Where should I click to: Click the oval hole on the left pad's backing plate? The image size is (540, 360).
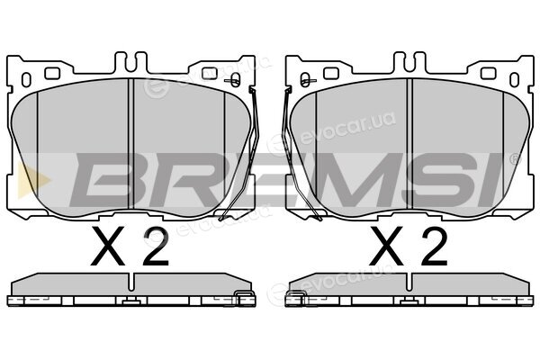click(x=26, y=79)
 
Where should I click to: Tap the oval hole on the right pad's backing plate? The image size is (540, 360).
click(x=514, y=79)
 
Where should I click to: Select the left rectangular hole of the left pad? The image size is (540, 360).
click(x=52, y=73)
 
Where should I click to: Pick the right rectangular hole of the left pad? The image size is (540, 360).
click(x=209, y=73)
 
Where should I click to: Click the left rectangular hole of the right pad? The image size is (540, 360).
click(x=331, y=73)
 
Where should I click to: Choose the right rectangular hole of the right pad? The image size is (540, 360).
click(x=488, y=73)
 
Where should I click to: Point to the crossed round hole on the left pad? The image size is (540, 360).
click(x=235, y=80)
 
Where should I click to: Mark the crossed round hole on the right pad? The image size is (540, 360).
click(x=305, y=80)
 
